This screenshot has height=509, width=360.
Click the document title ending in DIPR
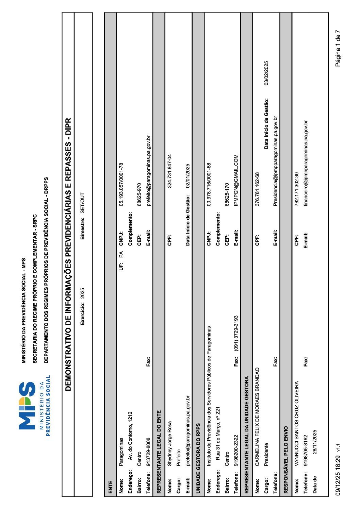pos(68,254)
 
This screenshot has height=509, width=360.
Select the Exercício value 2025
pos(82,293)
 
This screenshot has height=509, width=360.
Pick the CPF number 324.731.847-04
pos(169,171)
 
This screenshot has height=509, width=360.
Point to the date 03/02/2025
pos(266,73)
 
